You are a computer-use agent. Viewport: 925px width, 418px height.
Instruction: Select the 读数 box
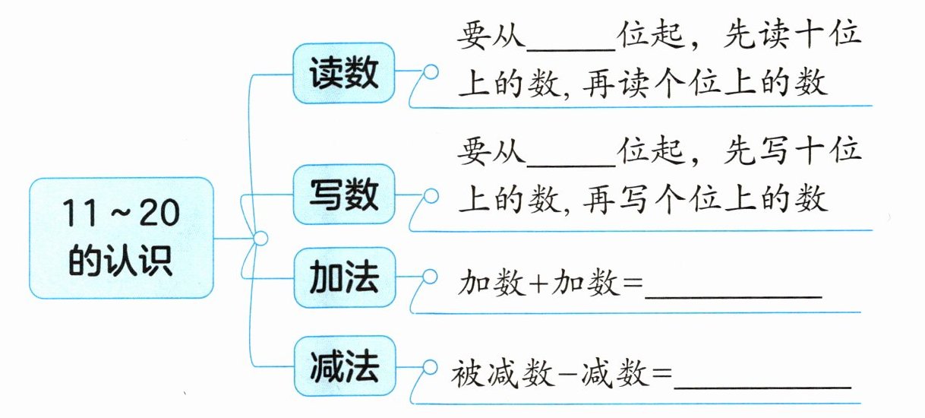point(344,75)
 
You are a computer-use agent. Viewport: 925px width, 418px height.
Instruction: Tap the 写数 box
point(344,196)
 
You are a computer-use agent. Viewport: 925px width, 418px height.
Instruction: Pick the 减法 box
point(344,368)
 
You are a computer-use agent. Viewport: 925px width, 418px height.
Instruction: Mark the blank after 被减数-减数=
point(762,377)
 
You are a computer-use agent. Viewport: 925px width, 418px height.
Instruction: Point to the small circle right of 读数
point(431,74)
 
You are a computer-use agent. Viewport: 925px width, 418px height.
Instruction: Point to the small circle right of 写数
point(431,196)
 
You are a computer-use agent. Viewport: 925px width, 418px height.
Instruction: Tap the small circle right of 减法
point(431,368)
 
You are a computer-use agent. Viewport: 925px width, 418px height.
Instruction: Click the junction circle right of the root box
point(260,239)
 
